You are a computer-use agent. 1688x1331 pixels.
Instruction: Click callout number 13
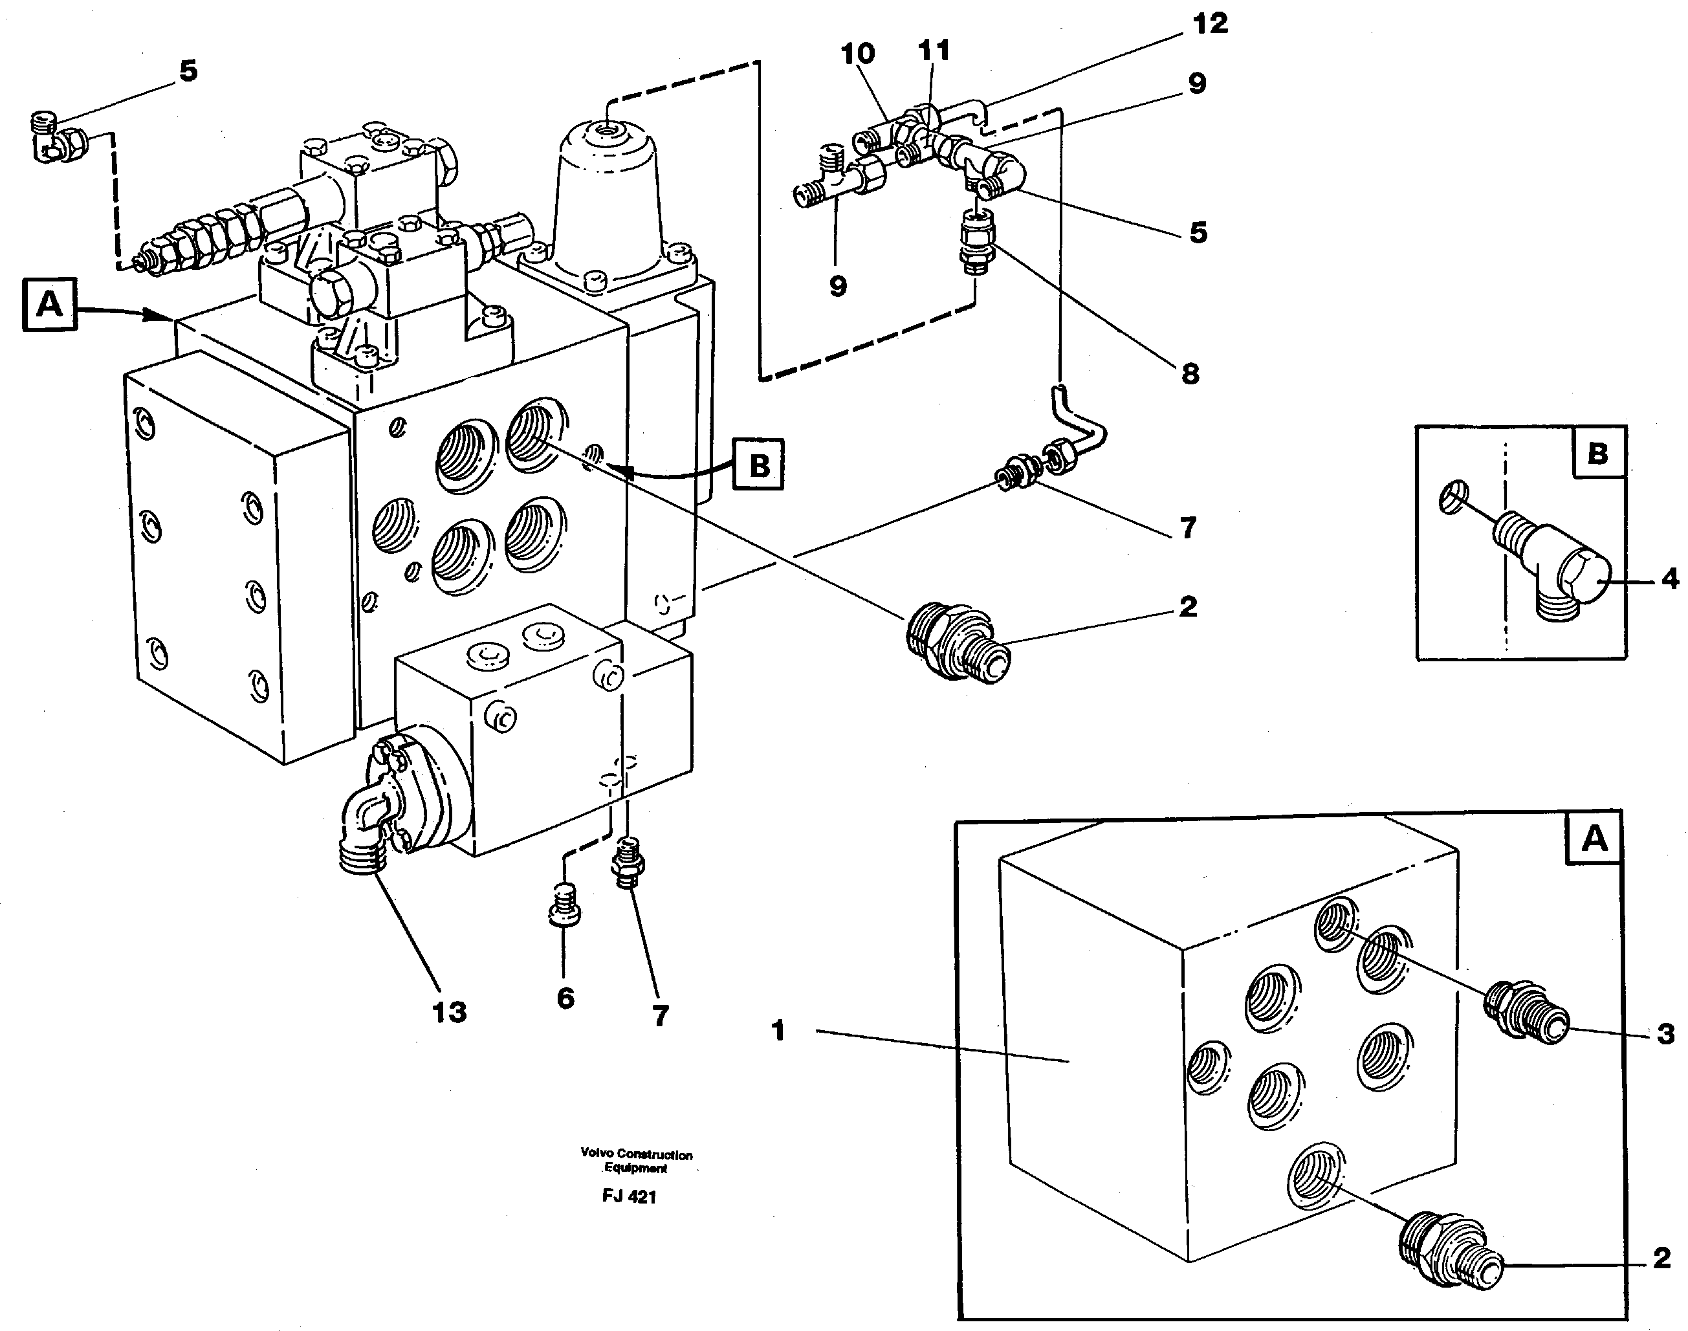(449, 1012)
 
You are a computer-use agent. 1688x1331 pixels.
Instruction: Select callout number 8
(1190, 374)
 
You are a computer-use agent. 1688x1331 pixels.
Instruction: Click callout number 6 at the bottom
(565, 998)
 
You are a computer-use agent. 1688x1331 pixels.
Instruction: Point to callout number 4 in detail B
(1669, 579)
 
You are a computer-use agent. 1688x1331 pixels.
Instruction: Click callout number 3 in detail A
(1665, 1034)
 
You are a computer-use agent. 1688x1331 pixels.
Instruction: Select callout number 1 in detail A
(778, 1031)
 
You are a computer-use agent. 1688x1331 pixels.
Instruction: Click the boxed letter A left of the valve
(50, 304)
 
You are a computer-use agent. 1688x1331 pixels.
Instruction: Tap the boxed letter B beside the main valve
(758, 465)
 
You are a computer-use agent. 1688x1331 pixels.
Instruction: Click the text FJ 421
(629, 1197)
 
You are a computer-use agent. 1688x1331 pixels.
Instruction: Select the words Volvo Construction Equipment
(636, 1161)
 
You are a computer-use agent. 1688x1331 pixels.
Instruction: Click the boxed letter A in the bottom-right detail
(1594, 839)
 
